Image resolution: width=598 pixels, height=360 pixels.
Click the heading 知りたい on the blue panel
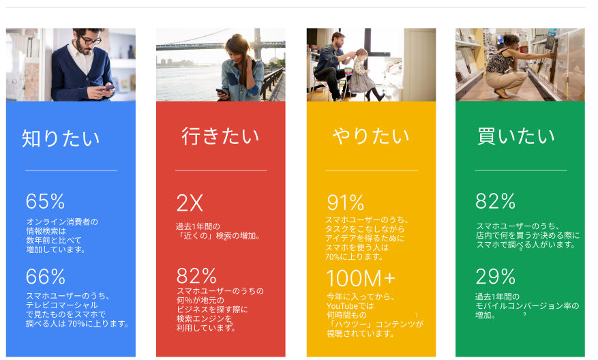tap(61, 138)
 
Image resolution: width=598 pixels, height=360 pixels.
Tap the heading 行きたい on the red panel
tap(220, 136)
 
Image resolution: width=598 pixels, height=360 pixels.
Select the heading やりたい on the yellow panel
tap(371, 136)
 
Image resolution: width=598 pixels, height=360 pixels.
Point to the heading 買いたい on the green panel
tap(516, 136)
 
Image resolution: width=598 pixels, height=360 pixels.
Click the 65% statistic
tap(45, 201)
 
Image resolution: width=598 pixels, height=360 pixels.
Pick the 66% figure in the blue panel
tap(45, 276)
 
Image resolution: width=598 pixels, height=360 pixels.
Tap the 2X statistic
tap(190, 202)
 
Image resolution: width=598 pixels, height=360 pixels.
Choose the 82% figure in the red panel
tap(196, 276)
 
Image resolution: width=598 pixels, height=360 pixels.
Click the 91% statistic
tap(345, 202)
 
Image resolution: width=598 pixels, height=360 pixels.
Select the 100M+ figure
tap(361, 278)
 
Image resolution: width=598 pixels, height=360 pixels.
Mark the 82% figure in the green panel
tap(495, 201)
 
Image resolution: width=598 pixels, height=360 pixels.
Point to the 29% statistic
tap(495, 276)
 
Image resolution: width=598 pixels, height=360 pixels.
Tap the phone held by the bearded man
tap(108, 87)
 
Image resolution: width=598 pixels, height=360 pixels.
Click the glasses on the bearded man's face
tap(91, 41)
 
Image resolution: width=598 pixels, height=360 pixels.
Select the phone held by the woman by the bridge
tap(220, 91)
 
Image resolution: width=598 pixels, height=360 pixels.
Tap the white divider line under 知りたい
tap(71, 170)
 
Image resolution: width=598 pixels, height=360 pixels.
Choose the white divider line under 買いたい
tap(520, 170)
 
